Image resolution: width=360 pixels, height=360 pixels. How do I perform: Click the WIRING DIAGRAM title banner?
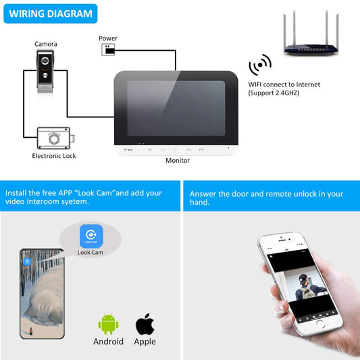51,13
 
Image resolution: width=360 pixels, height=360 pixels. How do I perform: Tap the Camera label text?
46,44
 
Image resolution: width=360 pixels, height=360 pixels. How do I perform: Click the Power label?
108,38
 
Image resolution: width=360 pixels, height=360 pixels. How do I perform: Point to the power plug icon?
108,50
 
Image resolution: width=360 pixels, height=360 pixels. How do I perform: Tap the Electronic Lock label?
54,156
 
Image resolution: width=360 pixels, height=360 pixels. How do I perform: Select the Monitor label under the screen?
178,161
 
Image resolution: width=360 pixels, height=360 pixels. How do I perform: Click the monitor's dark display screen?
175,107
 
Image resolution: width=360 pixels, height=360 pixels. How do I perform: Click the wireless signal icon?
260,66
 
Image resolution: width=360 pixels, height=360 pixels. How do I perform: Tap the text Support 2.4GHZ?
274,93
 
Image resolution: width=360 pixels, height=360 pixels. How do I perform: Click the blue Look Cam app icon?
91,236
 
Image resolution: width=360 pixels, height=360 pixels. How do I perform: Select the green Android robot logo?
108,324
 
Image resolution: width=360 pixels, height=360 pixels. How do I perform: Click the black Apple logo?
145,324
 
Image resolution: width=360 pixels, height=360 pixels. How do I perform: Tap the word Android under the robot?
108,342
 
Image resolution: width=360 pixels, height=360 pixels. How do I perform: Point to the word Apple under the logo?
145,342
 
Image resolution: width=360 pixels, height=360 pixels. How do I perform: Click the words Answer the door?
220,194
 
